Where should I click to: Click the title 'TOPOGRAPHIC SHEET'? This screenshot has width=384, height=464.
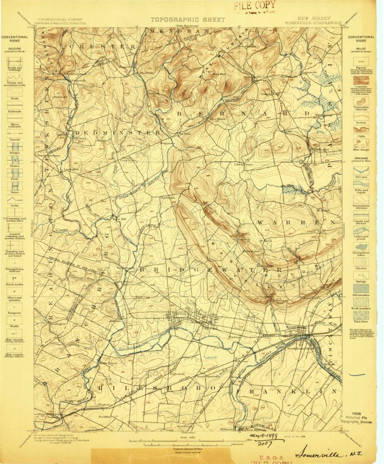(187, 19)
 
